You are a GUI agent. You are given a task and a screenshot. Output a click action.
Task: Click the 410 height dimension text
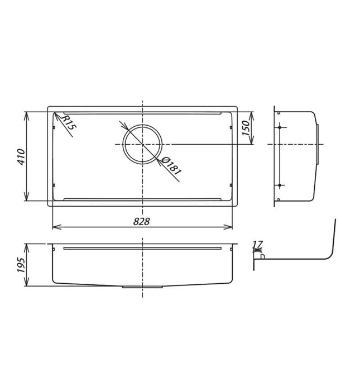click(x=21, y=157)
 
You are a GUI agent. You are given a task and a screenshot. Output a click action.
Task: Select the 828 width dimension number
click(x=142, y=221)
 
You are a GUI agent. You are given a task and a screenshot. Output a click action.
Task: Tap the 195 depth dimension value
click(x=21, y=265)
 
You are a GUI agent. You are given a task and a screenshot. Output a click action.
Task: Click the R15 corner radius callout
click(x=68, y=123)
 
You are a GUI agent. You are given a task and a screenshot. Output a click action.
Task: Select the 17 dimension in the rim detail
click(x=257, y=244)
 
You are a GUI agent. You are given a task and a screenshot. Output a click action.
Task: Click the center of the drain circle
click(x=142, y=144)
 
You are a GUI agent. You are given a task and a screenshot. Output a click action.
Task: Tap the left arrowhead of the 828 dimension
click(x=55, y=227)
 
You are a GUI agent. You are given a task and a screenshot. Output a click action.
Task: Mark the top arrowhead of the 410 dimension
click(x=27, y=114)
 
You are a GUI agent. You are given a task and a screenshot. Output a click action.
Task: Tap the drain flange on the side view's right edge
click(x=319, y=144)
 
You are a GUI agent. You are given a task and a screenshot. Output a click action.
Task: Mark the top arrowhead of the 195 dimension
click(x=27, y=246)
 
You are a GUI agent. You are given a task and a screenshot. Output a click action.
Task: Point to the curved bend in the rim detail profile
click(x=330, y=254)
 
